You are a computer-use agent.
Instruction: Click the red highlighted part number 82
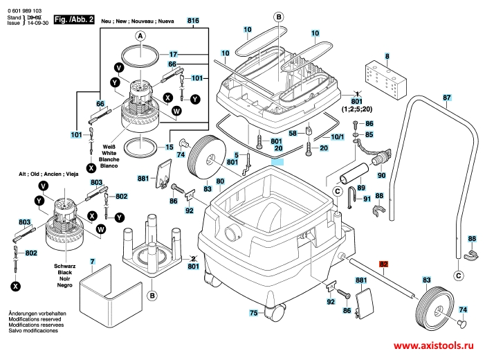(x=385, y=264)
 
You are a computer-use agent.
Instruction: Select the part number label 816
(x=193, y=22)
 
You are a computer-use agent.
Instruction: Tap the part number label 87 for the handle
(x=447, y=97)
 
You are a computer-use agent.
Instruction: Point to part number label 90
(x=381, y=176)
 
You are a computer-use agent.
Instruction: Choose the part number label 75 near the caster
(x=254, y=314)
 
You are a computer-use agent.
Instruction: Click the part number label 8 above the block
(x=387, y=56)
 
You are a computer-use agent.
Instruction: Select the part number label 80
(x=220, y=181)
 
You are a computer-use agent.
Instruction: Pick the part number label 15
(x=169, y=147)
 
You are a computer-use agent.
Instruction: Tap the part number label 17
(x=174, y=54)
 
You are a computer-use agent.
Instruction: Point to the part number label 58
(x=293, y=132)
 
